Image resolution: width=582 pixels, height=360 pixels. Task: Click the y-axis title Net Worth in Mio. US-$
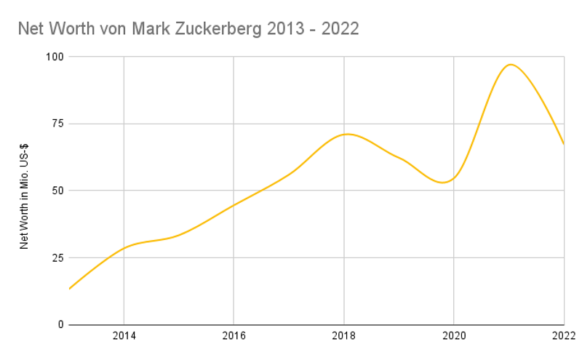tap(24, 191)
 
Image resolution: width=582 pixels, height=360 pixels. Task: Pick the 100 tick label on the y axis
tap(55, 57)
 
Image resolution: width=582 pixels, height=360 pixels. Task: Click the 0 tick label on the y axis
tap(60, 324)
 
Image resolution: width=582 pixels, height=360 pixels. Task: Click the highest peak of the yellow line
tap(511, 65)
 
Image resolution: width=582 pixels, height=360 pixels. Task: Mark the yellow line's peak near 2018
tap(348, 134)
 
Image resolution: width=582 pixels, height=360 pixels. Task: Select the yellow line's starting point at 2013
tap(69, 289)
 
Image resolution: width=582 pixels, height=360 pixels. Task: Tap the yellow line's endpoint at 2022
tap(564, 144)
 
